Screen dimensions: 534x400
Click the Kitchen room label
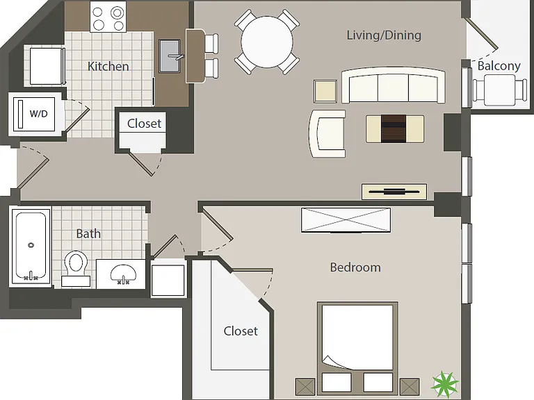(108, 67)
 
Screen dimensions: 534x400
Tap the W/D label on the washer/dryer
(38, 114)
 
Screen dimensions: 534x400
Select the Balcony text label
(499, 66)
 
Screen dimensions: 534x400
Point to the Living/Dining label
(384, 35)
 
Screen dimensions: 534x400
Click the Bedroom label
(355, 267)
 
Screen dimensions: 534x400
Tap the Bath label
(88, 233)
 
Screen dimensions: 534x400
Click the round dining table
(267, 42)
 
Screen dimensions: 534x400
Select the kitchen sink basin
(170, 56)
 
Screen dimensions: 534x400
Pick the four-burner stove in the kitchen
(108, 17)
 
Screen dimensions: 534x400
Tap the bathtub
(30, 247)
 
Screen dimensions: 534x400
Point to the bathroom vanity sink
(123, 274)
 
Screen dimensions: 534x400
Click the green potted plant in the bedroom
(444, 383)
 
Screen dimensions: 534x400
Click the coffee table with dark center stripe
(395, 129)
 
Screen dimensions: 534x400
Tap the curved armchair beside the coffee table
(327, 133)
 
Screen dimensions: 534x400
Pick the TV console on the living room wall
(394, 192)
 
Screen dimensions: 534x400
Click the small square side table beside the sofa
(325, 91)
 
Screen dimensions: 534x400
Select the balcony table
(499, 90)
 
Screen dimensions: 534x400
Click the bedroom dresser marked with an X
(346, 220)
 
